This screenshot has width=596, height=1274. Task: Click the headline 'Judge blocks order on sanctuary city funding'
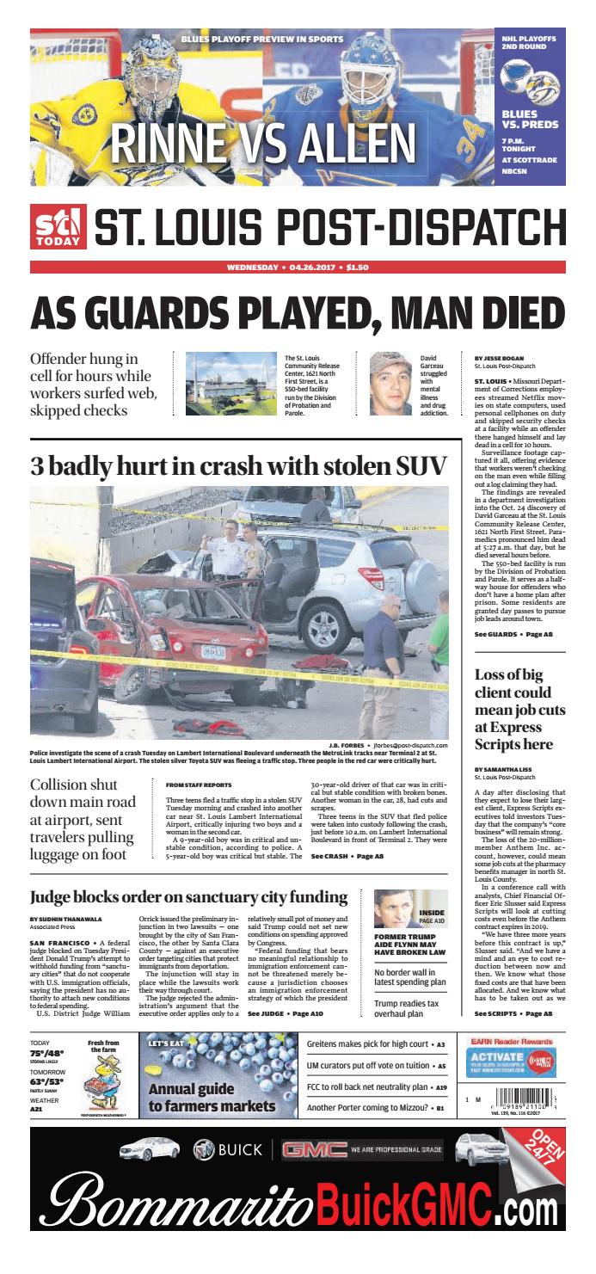[188, 896]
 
